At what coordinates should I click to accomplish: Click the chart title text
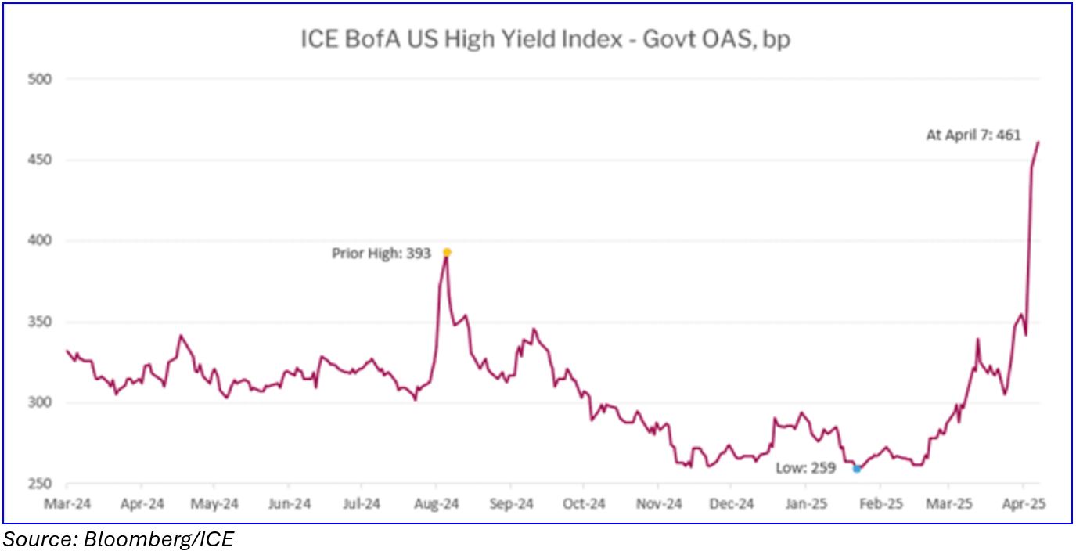(x=545, y=39)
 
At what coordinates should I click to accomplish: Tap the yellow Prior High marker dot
(x=447, y=252)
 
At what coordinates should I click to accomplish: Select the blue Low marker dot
(x=857, y=469)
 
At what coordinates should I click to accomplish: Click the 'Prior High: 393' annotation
(x=381, y=253)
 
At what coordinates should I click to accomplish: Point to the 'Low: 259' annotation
(x=805, y=468)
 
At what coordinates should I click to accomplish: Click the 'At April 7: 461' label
(x=973, y=135)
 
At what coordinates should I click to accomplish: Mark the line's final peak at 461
(x=1038, y=142)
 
